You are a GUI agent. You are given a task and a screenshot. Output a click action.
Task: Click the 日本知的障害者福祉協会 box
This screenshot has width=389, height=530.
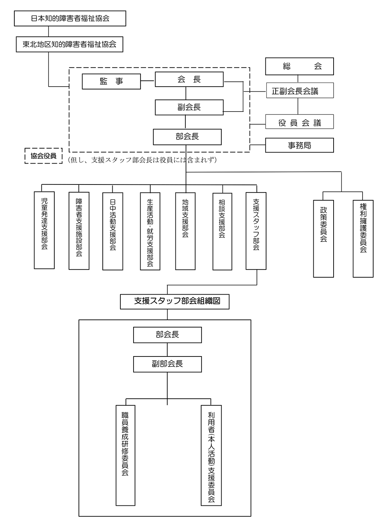tap(70, 18)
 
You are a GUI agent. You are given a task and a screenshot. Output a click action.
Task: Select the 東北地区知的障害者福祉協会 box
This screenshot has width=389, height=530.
tap(69, 44)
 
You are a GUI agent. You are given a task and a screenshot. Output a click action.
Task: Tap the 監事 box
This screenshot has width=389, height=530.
tap(111, 81)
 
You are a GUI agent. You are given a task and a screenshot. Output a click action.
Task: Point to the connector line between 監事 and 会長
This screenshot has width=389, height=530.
tap(148, 81)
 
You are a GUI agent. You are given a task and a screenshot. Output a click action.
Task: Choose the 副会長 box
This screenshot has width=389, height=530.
tap(189, 107)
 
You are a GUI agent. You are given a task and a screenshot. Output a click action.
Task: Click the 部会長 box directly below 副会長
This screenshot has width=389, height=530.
tap(187, 137)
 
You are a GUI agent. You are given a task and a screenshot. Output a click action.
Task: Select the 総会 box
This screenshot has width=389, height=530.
tap(299, 66)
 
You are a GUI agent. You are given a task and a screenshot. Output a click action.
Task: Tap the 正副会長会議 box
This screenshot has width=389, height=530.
tap(299, 91)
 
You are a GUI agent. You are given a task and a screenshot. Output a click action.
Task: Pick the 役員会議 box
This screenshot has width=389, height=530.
tap(299, 122)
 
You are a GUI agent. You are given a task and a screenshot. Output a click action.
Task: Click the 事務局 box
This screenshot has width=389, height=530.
tap(299, 145)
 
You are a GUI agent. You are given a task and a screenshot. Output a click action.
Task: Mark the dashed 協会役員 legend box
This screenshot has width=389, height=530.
tap(44, 156)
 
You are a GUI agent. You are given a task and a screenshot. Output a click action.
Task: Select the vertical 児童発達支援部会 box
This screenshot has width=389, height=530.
tap(44, 230)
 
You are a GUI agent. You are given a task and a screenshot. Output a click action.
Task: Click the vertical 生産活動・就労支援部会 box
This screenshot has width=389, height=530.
tap(150, 231)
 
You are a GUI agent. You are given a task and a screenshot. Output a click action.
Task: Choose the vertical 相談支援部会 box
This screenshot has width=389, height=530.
tap(222, 231)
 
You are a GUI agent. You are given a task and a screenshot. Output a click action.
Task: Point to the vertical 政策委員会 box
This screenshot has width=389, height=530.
tap(323, 238)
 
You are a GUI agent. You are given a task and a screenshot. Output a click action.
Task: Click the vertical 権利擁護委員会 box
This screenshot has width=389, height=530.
tap(363, 238)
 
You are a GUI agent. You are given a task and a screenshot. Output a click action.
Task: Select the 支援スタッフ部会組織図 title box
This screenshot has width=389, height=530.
tap(175, 301)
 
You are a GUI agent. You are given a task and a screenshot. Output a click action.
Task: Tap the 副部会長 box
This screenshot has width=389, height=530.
tap(167, 364)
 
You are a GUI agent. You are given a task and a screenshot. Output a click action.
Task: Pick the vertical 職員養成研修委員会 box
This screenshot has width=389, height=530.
tap(126, 455)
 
